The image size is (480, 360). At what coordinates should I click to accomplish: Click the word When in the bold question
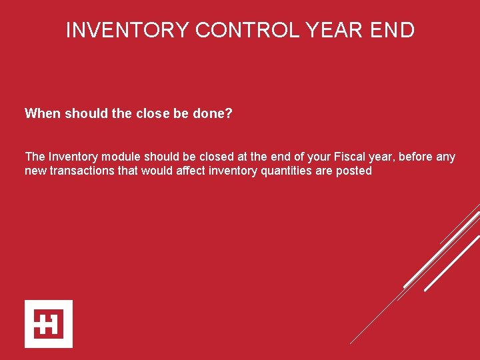[x=41, y=114]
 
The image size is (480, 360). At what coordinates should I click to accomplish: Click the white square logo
[x=49, y=324]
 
